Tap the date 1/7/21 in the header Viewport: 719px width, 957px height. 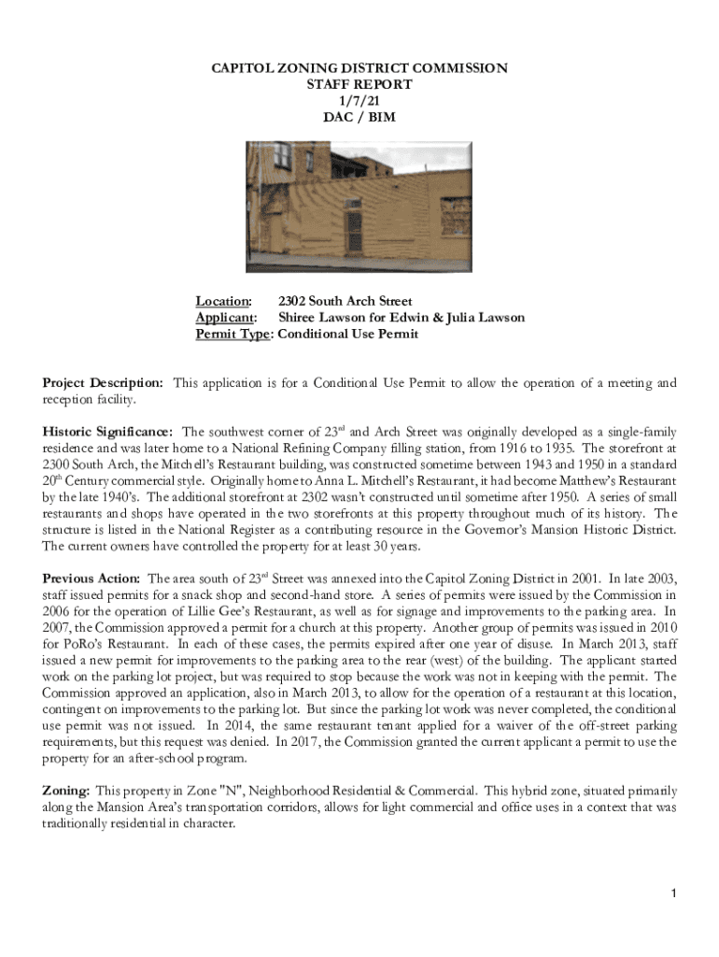pyautogui.click(x=359, y=100)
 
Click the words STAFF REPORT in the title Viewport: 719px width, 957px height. pyautogui.click(x=359, y=84)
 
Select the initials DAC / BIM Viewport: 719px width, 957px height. pyautogui.click(x=359, y=117)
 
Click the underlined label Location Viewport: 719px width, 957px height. pyautogui.click(x=222, y=301)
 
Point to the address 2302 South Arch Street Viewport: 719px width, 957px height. pyautogui.click(x=345, y=301)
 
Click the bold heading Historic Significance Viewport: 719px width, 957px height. pyautogui.click(x=107, y=432)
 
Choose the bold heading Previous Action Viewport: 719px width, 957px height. pyautogui.click(x=92, y=578)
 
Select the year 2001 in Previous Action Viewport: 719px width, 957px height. pyautogui.click(x=554, y=578)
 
